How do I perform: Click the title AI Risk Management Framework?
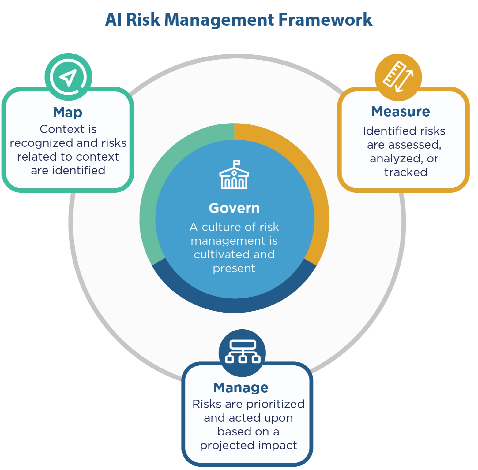pos(239,20)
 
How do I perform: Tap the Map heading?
pos(68,113)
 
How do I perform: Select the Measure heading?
pos(401,112)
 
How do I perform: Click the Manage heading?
pos(241,388)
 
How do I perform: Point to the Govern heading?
pos(234,208)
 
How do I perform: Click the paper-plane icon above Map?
pos(68,77)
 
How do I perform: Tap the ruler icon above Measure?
pos(398,77)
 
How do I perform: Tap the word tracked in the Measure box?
pos(405,172)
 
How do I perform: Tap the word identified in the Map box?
pos(79,171)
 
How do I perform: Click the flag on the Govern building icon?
pos(237,163)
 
